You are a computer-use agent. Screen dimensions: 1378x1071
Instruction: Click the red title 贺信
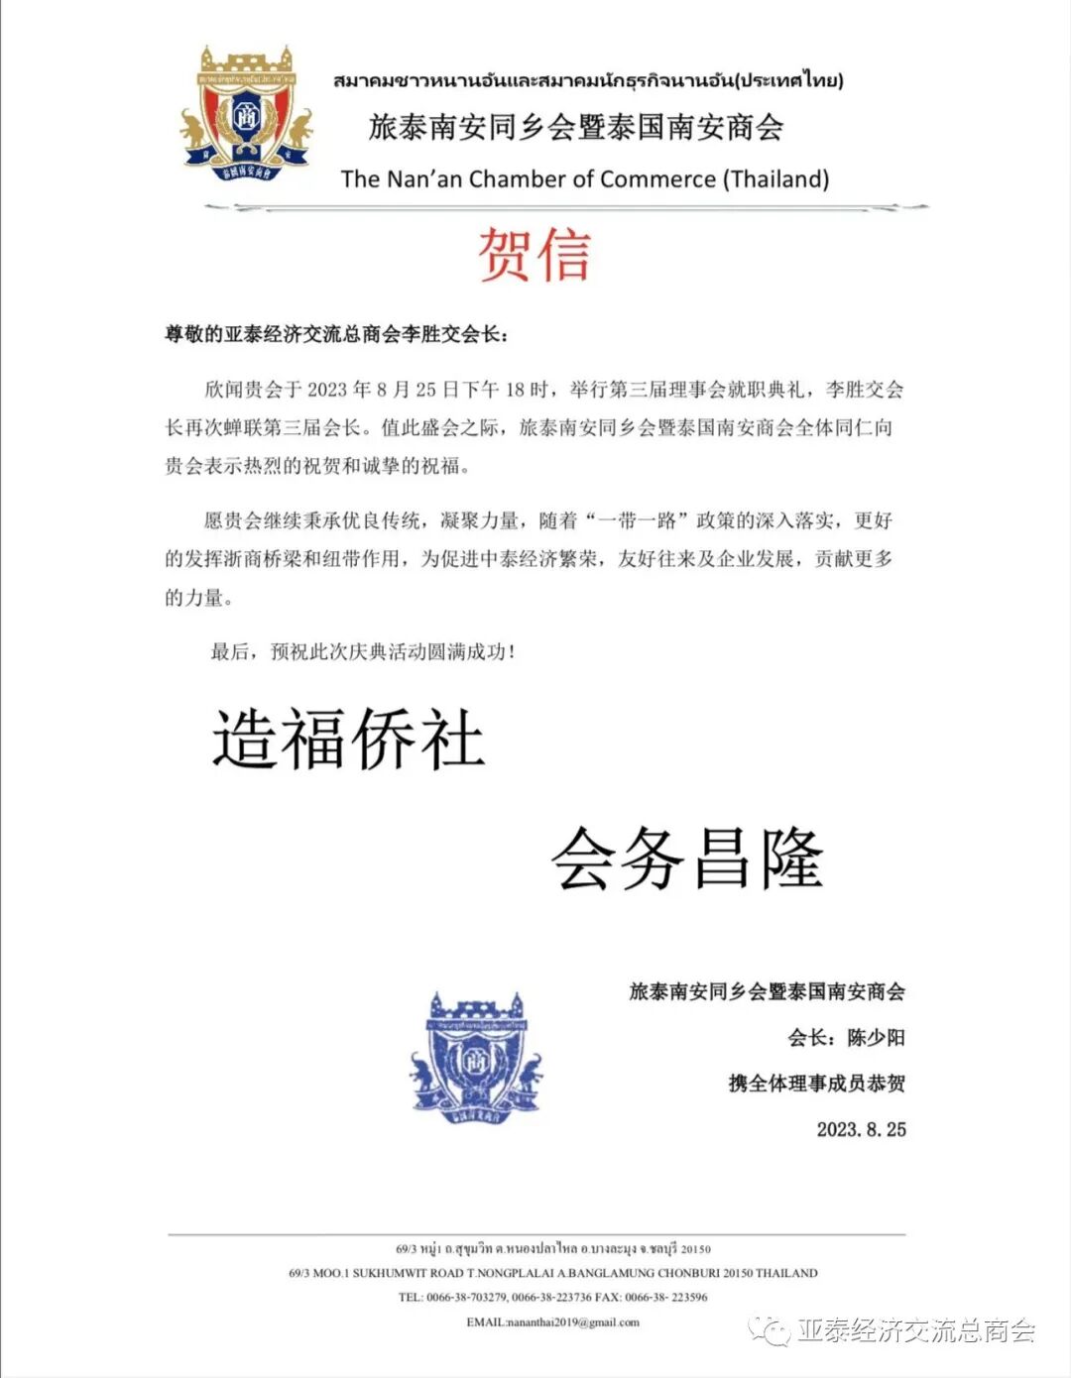[x=535, y=255]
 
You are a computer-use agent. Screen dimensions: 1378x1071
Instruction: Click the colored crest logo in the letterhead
[x=246, y=114]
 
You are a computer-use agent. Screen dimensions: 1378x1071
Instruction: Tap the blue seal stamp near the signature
[x=477, y=1059]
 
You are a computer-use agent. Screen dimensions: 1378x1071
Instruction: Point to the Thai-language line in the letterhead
[x=588, y=80]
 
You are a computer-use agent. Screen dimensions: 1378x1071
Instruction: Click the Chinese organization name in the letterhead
[x=576, y=127]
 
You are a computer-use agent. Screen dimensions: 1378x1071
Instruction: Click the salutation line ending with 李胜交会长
[x=336, y=334]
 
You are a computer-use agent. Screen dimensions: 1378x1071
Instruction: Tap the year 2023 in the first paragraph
[x=328, y=390]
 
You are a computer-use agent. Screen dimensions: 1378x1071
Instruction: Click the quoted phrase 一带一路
[x=637, y=520]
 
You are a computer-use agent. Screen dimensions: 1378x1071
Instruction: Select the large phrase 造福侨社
[x=348, y=740]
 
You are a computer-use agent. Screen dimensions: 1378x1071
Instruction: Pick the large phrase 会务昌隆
[x=687, y=859]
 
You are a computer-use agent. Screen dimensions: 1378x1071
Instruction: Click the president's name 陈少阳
[x=876, y=1038]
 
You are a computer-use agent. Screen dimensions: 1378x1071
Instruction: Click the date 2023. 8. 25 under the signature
[x=861, y=1129]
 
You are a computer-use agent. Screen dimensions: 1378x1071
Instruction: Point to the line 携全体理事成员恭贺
[x=816, y=1084]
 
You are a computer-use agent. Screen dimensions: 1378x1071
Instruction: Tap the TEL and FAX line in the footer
[x=552, y=1298]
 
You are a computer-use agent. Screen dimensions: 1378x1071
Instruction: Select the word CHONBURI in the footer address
[x=684, y=1273]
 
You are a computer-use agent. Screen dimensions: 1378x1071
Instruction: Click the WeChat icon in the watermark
[x=770, y=1330]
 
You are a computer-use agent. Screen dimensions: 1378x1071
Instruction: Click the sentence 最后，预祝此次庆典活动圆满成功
[x=362, y=651]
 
